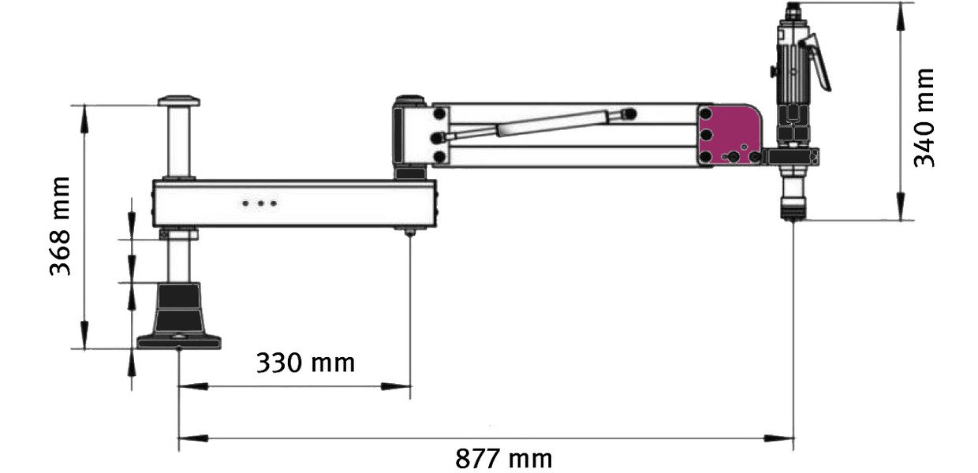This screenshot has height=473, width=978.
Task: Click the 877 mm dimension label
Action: tap(503, 459)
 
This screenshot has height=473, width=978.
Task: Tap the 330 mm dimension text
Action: tap(305, 363)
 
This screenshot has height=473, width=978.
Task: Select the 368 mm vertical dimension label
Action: tap(60, 226)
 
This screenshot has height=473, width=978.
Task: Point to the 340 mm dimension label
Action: tap(924, 117)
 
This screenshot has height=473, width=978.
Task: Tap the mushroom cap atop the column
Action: tap(179, 101)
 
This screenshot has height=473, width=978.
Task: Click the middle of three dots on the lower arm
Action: tap(260, 203)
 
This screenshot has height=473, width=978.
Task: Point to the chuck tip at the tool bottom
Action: tap(793, 214)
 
